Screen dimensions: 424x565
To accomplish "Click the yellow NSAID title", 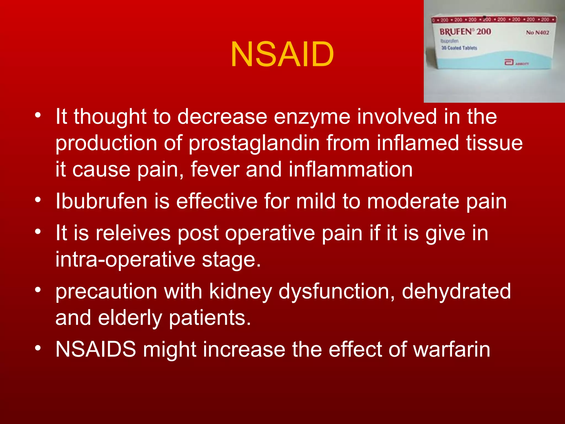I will (x=282, y=54).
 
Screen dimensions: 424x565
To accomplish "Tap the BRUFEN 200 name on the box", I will (x=465, y=32).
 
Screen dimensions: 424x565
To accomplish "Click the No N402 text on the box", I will (x=537, y=33).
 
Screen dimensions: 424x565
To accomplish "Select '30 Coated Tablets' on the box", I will (x=459, y=48).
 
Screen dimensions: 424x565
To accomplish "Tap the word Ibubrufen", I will (x=101, y=201).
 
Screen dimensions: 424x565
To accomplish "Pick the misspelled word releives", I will (x=133, y=233).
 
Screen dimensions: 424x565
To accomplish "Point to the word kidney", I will (x=241, y=291).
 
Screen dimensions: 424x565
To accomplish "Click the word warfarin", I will (x=452, y=349).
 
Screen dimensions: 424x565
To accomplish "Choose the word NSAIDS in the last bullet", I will (x=96, y=349).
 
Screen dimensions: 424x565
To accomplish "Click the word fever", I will (x=215, y=169).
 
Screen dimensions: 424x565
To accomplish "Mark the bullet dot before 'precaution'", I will (x=38, y=290).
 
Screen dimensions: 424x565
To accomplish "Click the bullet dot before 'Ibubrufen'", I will (x=38, y=200).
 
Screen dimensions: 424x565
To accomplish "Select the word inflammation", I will (x=351, y=169).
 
